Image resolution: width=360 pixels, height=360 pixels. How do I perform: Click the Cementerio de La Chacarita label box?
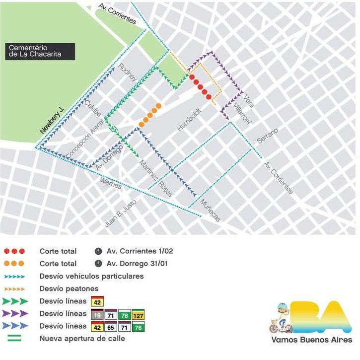coord(40,51)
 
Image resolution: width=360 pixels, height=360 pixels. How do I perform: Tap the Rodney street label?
coord(128,74)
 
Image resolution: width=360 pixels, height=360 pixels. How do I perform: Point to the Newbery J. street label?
coord(52,120)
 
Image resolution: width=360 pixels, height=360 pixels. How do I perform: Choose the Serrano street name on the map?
coord(268,136)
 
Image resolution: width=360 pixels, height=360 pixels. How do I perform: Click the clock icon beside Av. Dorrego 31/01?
coord(99,263)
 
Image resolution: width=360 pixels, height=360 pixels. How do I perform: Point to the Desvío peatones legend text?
coord(69,288)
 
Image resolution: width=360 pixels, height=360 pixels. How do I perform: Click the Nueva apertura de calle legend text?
coord(82,339)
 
